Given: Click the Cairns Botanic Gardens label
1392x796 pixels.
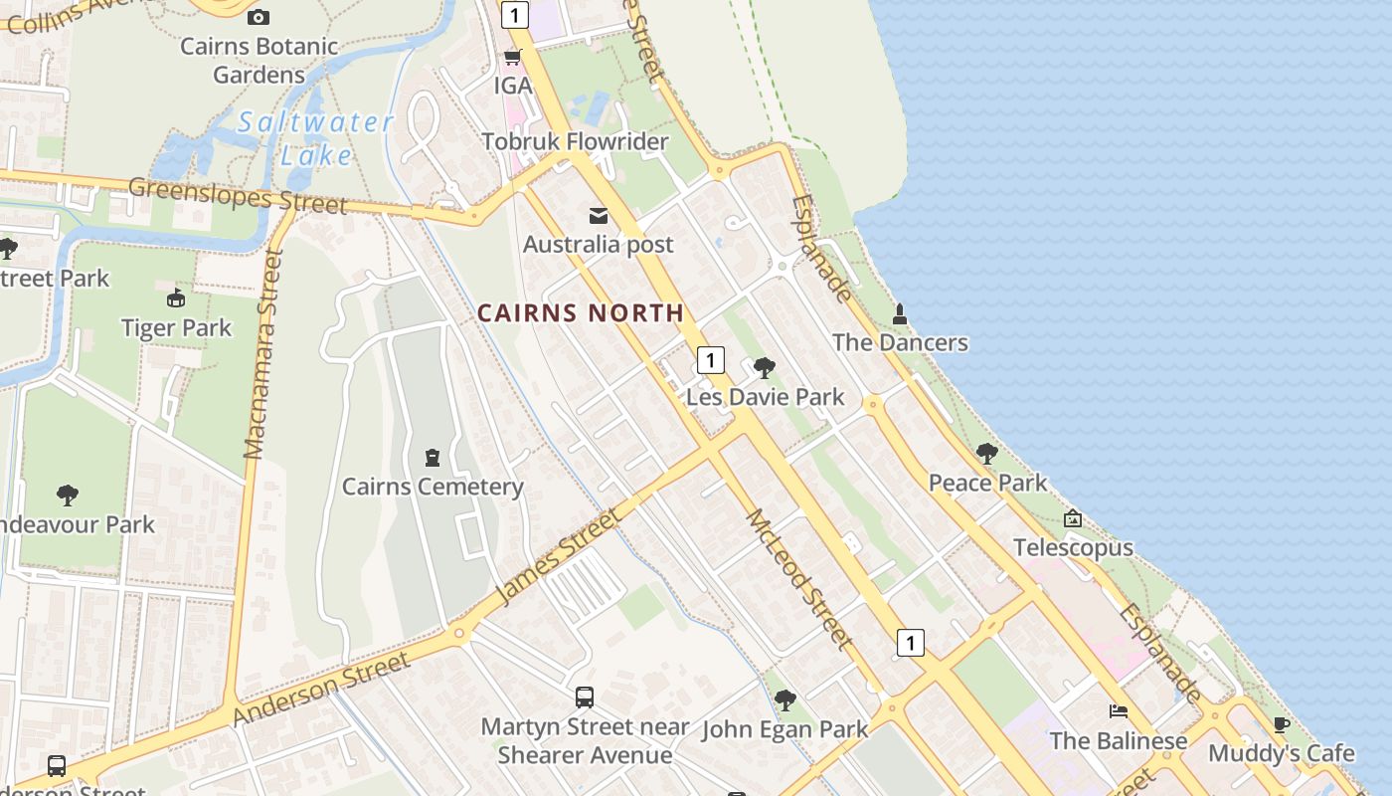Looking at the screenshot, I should pos(259,61).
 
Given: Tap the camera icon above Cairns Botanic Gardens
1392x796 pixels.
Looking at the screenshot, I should pos(259,17).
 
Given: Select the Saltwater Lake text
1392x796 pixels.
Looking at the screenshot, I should pos(315,138).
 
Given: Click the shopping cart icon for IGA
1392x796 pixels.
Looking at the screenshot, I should pos(513,57).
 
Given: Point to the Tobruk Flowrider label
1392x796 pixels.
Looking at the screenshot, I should pos(575,142).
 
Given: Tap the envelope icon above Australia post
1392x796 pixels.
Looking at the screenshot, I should pos(599,216).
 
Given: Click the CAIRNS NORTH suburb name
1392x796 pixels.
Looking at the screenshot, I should pos(581,313).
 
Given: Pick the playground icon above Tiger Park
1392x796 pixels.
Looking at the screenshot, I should pos(176,298).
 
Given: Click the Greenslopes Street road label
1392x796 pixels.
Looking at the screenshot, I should pos(238,196).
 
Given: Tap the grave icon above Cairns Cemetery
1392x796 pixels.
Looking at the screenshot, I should pos(433,458).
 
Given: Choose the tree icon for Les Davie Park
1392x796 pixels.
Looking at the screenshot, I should pos(765,368).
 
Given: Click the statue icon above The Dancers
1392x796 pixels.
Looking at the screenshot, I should pos(900,314).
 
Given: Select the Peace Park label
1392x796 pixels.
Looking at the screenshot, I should pos(987,484).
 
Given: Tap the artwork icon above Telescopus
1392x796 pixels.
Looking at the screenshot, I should pos(1073,518).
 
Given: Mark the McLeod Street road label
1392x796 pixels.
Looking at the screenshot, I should pos(798,579).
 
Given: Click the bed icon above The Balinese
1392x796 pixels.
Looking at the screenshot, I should pos(1119,711).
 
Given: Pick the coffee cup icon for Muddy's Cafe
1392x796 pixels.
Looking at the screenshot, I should pos(1281,724).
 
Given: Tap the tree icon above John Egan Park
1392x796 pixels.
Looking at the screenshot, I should pos(785,700).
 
